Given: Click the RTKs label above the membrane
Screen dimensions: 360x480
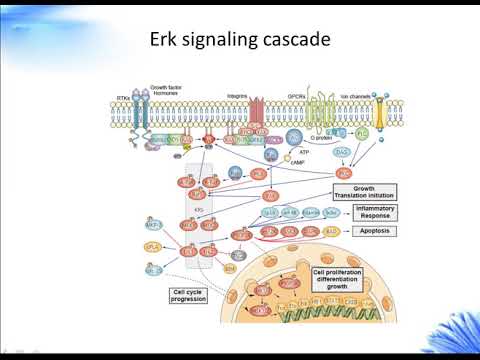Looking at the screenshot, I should (124, 99).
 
